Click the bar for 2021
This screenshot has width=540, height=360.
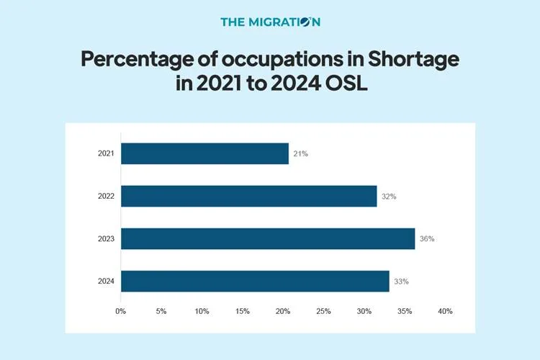tap(204, 153)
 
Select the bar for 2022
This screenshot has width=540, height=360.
tap(248, 196)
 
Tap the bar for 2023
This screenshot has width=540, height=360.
tap(267, 238)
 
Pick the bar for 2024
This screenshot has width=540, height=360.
tap(255, 281)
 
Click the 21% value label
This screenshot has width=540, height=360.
tap(300, 154)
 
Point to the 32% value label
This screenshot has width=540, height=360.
tap(389, 196)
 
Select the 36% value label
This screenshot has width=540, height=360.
tap(427, 238)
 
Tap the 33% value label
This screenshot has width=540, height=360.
tap(401, 282)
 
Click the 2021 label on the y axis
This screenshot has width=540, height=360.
tap(106, 154)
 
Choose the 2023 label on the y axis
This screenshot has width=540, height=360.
tap(106, 238)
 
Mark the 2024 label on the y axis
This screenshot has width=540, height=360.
tap(106, 282)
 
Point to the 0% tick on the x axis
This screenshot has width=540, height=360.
tap(120, 311)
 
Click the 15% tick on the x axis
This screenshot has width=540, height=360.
tap(242, 311)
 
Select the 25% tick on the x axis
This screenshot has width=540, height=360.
tap(323, 311)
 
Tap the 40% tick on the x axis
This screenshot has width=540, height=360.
tap(445, 311)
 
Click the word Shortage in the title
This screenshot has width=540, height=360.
tap(409, 58)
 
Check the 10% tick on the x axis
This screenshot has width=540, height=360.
tap(202, 311)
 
